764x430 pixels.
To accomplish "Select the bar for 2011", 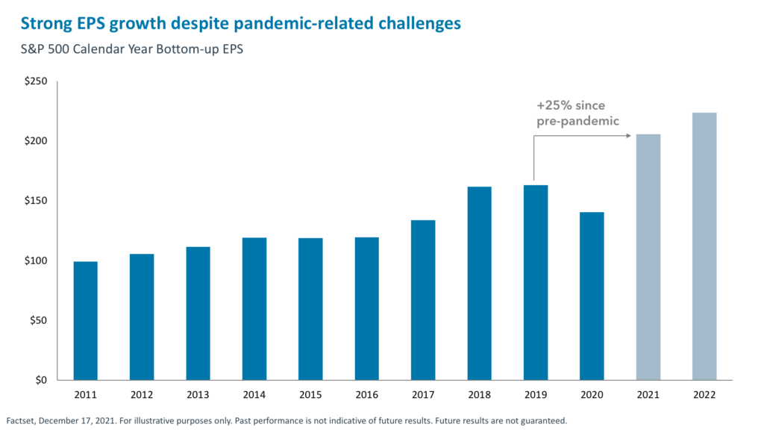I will pyautogui.click(x=85, y=320).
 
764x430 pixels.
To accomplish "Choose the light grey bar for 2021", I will pyautogui.click(x=648, y=257).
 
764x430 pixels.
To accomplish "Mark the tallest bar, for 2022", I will pyautogui.click(x=704, y=246).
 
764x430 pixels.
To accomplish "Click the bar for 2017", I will pyautogui.click(x=423, y=299).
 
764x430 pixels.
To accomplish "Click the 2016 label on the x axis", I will pyautogui.click(x=366, y=393).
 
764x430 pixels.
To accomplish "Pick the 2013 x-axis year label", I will pyautogui.click(x=198, y=393).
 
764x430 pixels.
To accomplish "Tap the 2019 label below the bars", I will pyautogui.click(x=535, y=393).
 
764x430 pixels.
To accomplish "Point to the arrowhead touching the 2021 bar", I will pyautogui.click(x=630, y=135).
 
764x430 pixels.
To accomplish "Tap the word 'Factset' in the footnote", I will pyautogui.click(x=22, y=420).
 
